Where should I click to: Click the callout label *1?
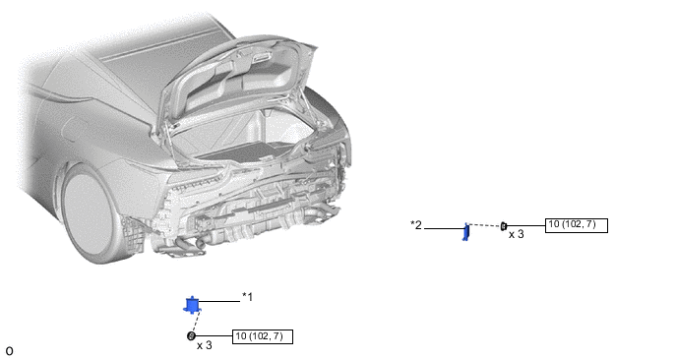coord(247,297)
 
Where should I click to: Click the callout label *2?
coord(416,225)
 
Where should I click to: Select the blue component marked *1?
coord(192,305)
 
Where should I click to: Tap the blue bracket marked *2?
coord(465,232)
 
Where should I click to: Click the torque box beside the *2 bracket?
coord(577,225)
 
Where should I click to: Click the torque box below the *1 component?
coord(263,336)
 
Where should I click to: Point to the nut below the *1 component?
coord(191,335)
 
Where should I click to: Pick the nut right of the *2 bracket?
coord(504,226)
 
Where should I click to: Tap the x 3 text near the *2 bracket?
coord(516,234)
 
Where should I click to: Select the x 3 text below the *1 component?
coord(205,345)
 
